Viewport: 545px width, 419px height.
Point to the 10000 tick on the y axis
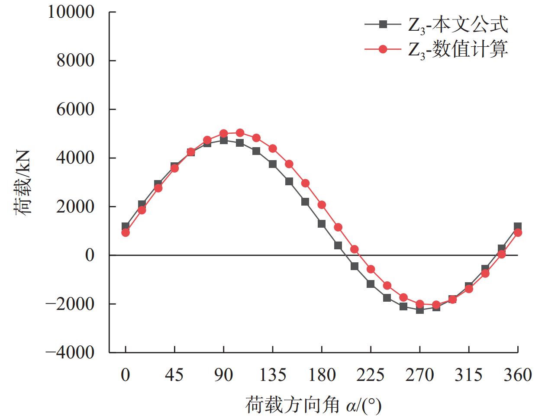point(71,12)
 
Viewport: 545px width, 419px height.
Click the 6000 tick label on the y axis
point(75,109)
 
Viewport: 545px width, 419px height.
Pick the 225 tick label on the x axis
point(371,375)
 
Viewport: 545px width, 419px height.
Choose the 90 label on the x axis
point(223,375)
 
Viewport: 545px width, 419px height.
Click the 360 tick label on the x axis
point(518,375)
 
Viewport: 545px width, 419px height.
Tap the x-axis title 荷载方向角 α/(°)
point(313,406)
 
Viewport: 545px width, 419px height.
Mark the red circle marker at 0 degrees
point(126,232)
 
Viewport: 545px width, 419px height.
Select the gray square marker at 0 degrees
point(126,226)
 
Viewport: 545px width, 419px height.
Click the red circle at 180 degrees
point(322,205)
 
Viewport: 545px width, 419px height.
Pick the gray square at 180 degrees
point(322,224)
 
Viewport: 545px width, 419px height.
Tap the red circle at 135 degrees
point(273,148)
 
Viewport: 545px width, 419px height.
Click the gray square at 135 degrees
point(273,164)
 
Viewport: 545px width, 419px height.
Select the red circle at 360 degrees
point(518,232)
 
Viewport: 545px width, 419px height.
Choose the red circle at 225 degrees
point(371,269)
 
